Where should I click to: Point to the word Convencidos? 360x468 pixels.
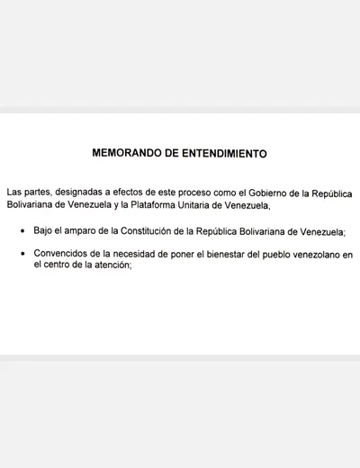(62, 256)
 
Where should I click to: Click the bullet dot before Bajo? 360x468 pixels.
(22, 232)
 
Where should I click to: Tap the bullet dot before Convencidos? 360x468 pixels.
(22, 256)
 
